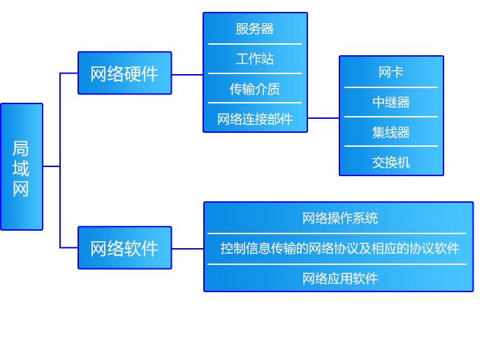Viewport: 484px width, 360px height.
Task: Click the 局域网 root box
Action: coord(22,167)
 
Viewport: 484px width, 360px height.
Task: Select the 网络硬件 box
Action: coord(124,73)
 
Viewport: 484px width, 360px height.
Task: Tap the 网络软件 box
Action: coord(124,248)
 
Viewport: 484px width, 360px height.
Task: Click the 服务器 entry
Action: coord(255,29)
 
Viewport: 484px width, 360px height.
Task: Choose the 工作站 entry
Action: coord(255,59)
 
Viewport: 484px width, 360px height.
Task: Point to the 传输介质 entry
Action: coord(255,89)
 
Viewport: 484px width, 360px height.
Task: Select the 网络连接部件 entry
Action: coord(255,119)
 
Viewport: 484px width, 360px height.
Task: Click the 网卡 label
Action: coord(391,72)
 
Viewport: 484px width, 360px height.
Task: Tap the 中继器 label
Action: coord(391,102)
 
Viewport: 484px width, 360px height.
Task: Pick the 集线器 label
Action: coord(391,132)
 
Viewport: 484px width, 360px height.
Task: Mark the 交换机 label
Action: coord(391,162)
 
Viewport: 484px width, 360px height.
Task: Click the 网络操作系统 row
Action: coord(339,218)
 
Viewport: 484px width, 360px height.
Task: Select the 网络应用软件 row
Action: coord(339,279)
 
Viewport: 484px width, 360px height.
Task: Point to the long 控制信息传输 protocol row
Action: coord(339,248)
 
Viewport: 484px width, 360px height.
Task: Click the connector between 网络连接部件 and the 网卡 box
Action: coord(323,118)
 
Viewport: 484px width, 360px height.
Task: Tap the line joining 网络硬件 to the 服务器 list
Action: coord(187,74)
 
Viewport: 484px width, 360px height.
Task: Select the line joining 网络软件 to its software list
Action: coord(187,248)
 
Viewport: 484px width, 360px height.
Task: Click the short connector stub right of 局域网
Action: coord(51,166)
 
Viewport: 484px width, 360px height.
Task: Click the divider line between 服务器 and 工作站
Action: coord(255,44)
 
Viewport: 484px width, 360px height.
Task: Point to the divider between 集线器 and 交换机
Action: coord(391,146)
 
